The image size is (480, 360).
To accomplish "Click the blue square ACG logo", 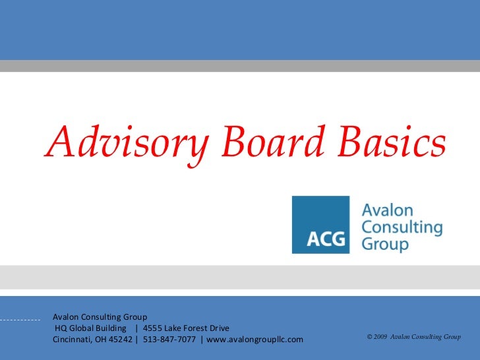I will [320, 225].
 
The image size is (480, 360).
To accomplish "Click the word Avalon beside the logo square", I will [388, 211].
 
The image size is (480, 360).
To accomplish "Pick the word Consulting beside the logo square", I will [402, 227].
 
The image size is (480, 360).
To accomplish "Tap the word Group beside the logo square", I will [386, 244].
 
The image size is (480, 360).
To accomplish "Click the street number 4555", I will [154, 328].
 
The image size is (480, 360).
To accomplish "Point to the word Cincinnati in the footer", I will [75, 340].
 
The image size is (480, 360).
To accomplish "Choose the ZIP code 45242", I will [119, 340].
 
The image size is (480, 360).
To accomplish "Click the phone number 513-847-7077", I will [169, 340].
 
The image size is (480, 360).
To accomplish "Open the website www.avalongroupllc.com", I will [255, 340].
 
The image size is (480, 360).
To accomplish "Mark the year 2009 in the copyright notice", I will [380, 337].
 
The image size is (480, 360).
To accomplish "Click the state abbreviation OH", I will [100, 340].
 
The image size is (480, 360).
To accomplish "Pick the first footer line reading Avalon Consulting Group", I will [100, 317].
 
